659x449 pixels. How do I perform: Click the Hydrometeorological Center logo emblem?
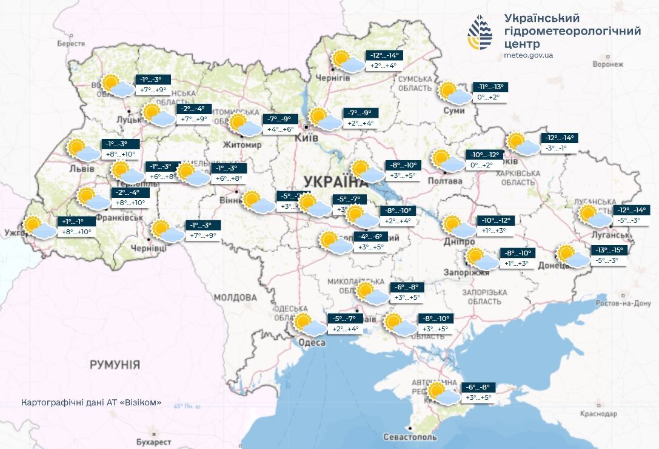(x=480, y=33)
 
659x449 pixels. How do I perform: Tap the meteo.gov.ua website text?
(x=528, y=55)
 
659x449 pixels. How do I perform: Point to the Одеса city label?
(x=312, y=343)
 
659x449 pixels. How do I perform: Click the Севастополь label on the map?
(x=410, y=437)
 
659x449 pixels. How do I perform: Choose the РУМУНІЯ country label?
(x=115, y=365)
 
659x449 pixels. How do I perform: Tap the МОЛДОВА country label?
(x=235, y=297)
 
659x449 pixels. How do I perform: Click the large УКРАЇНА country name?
(x=335, y=181)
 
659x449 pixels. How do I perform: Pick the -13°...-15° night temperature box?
(x=608, y=250)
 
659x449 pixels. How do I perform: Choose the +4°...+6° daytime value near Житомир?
(x=279, y=129)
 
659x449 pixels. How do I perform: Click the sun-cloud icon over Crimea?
(x=441, y=394)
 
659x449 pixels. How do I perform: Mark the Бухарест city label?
(x=154, y=442)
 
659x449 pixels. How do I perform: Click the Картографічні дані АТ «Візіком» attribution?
(x=92, y=402)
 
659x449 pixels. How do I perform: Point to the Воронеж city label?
(x=608, y=64)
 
